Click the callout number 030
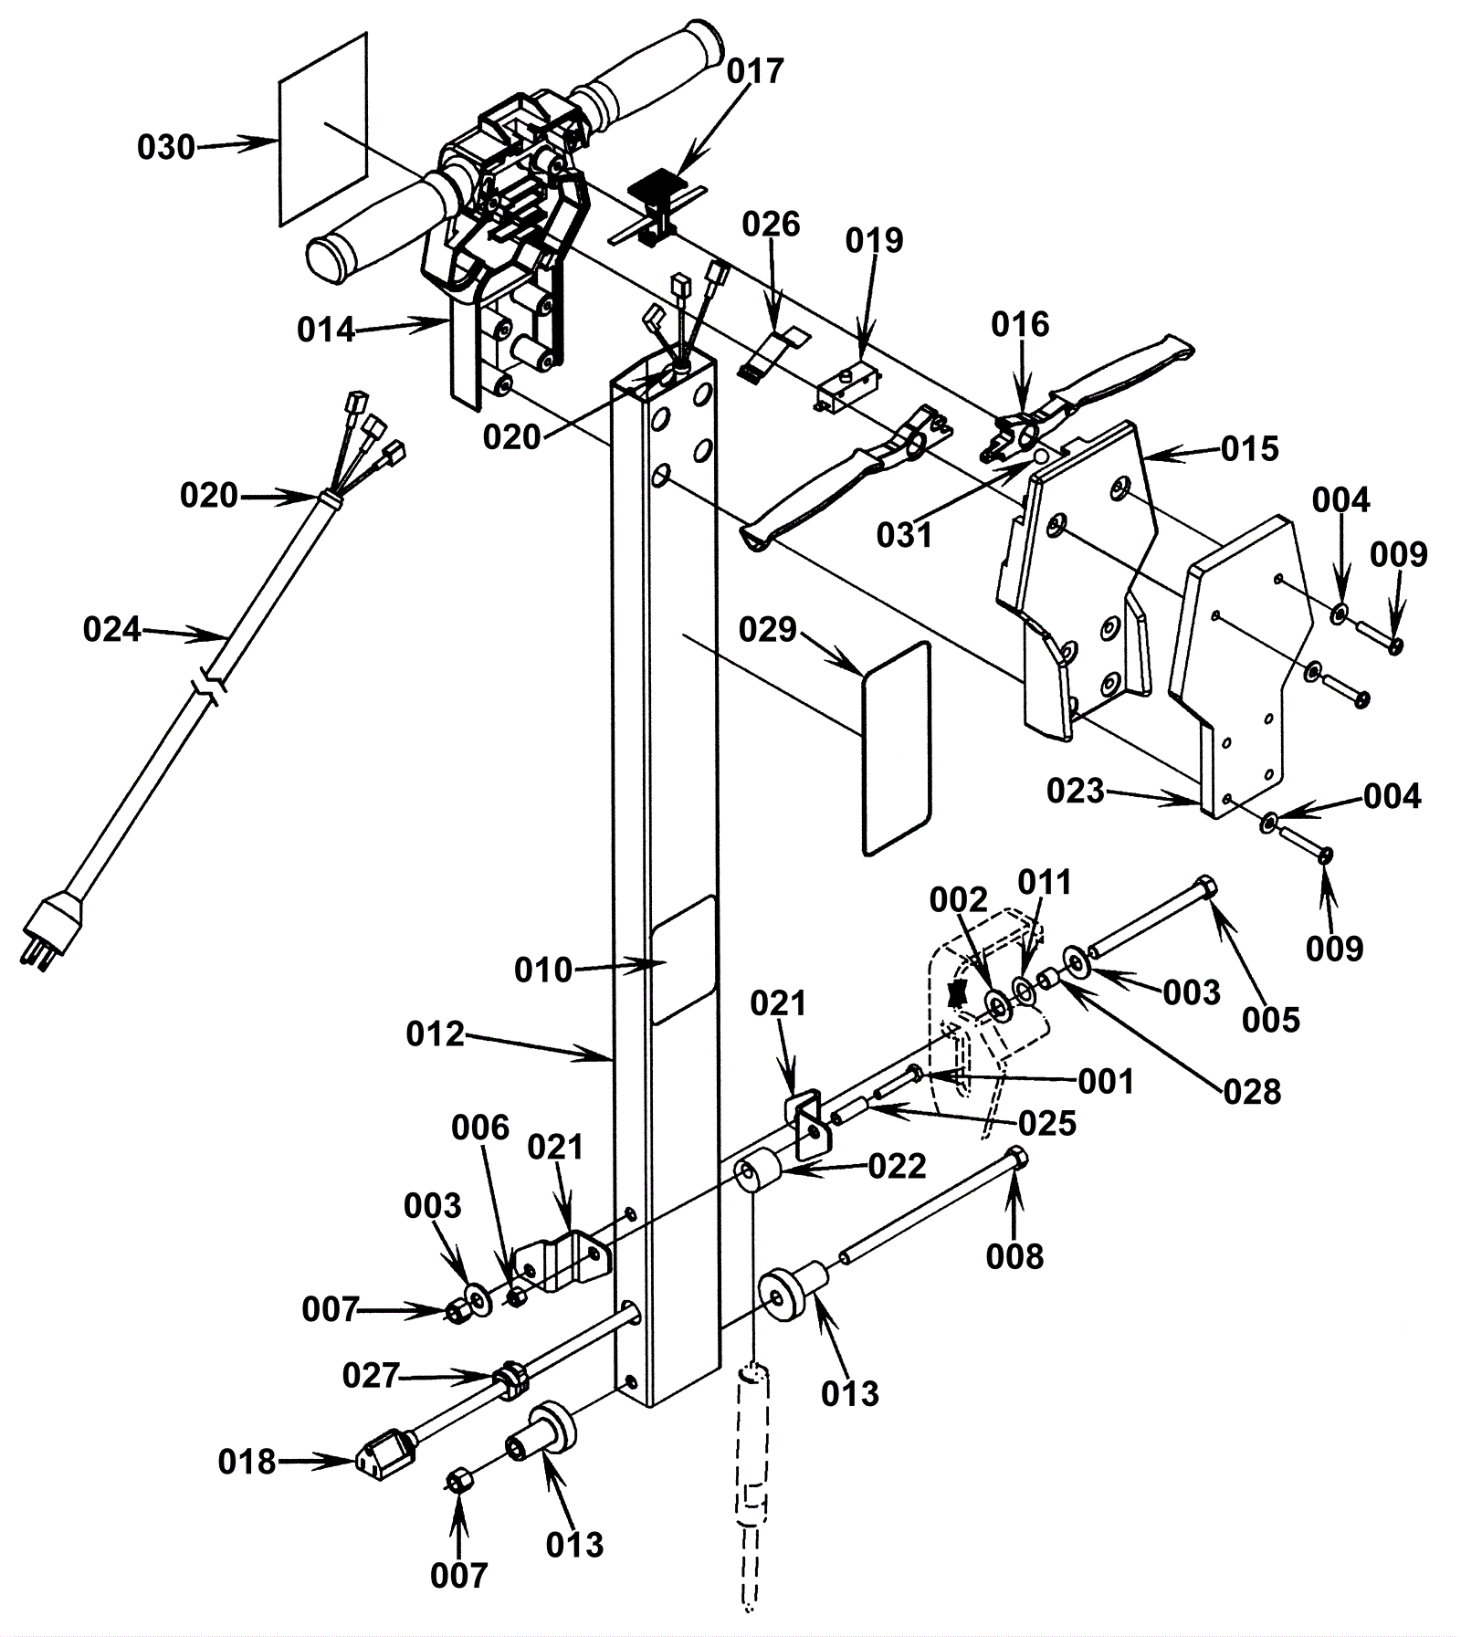point(166,147)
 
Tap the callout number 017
point(756,72)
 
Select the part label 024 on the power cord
point(112,629)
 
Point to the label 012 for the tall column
point(436,1034)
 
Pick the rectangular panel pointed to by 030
point(322,129)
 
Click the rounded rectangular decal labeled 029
point(897,749)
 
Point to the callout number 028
point(1253,1091)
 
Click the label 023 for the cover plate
point(1076,791)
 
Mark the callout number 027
point(372,1375)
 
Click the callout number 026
point(771,225)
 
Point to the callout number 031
point(904,535)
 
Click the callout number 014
point(326,330)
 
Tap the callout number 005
point(1271,1019)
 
